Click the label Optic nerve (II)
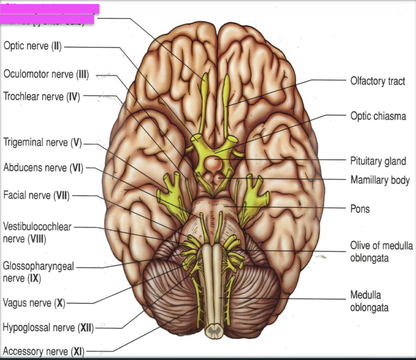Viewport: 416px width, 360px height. point(33,46)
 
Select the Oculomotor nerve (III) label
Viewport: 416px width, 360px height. point(46,74)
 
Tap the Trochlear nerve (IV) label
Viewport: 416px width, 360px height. point(42,97)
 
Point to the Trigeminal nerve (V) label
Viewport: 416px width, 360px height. point(42,142)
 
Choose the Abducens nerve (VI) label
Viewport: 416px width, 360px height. point(43,167)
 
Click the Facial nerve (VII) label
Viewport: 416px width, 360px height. point(36,195)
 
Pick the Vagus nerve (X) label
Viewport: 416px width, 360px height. point(34,303)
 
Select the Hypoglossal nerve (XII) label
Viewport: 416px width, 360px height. point(48,328)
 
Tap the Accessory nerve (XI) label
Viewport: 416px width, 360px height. point(43,351)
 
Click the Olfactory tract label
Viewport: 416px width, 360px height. point(377,81)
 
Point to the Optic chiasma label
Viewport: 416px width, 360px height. point(378,116)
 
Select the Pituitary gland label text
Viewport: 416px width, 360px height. point(378,161)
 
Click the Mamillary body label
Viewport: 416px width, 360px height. point(380,180)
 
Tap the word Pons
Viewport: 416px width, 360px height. point(360,209)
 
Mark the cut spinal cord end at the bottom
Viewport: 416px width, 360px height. point(214,330)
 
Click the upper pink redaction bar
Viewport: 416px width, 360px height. point(50,9)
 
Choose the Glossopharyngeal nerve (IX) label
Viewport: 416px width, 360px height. point(38,272)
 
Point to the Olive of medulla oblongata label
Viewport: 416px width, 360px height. point(381,251)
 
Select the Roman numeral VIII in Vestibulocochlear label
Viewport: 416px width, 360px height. point(37,239)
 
